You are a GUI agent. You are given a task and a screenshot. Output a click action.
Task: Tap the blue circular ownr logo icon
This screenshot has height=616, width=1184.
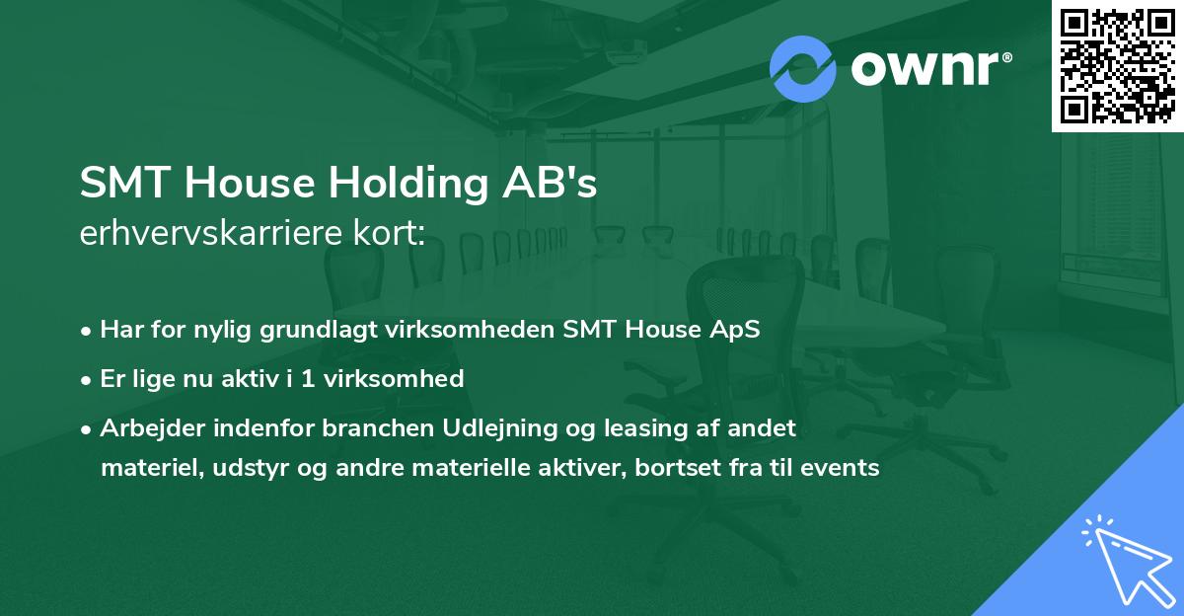802,68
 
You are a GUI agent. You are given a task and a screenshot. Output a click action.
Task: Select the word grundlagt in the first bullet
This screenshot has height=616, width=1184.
309,330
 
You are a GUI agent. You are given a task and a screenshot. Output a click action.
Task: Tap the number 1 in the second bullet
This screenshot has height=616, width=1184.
307,378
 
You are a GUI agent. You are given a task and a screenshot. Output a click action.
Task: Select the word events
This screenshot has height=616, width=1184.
842,467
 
